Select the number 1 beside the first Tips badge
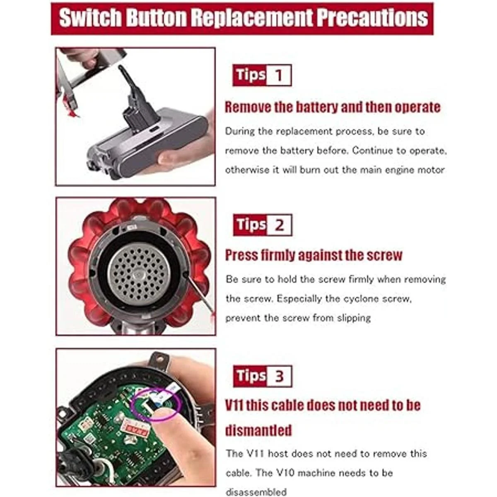(279, 75)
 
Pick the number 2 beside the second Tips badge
(279, 225)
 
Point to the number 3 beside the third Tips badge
(279, 376)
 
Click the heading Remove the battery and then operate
(333, 107)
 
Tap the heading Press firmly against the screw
(314, 256)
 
